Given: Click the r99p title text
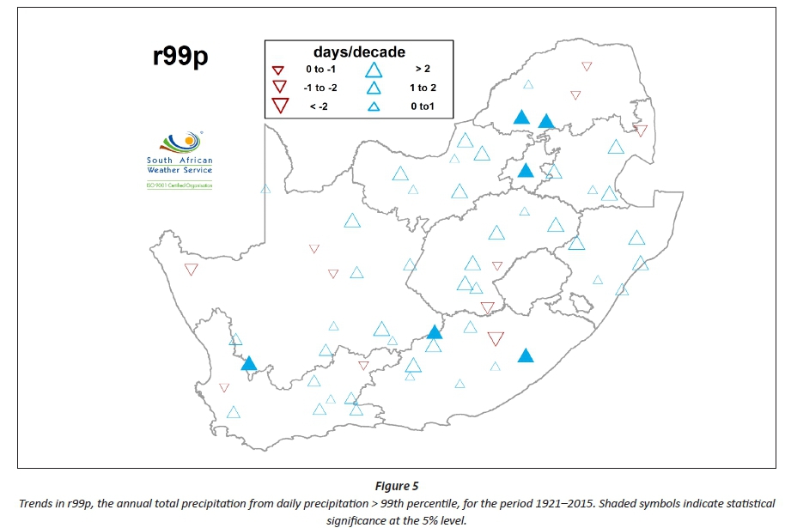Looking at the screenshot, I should (180, 57).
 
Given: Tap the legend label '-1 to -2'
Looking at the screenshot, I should (319, 87).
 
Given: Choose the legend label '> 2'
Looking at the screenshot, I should (422, 70).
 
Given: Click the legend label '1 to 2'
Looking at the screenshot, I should (423, 88).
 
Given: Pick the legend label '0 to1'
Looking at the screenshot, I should (423, 106).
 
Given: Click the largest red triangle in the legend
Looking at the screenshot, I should (278, 106).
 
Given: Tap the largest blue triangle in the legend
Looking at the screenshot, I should (374, 70).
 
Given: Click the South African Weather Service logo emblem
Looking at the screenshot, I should (180, 143).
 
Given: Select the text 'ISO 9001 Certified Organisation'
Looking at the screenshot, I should (180, 185).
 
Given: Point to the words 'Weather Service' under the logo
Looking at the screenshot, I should (180, 170).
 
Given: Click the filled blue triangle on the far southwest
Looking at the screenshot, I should (249, 364).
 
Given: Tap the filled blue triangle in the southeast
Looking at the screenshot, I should (526, 355).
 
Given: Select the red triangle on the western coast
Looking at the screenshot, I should (192, 270).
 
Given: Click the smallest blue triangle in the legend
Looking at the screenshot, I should (374, 107).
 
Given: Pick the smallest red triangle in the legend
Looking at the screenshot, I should (278, 70).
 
